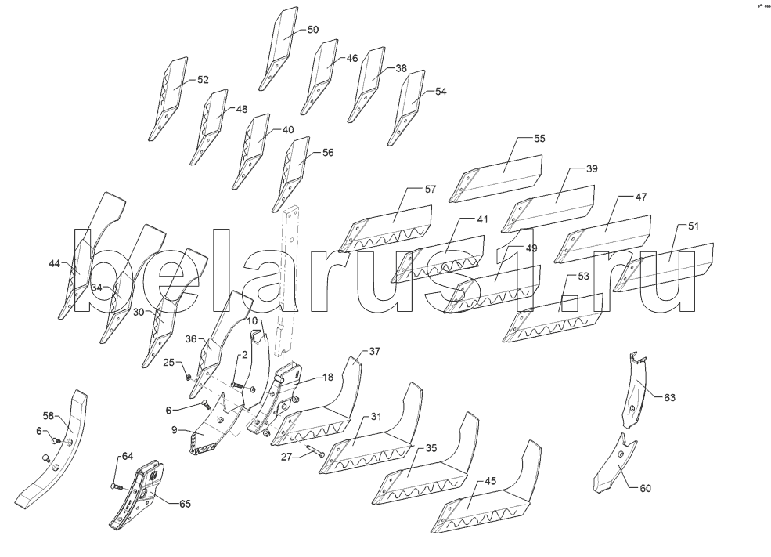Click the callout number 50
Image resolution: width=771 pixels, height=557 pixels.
(312, 30)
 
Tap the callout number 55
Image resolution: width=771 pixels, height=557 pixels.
(539, 139)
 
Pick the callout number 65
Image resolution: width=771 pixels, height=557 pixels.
(184, 503)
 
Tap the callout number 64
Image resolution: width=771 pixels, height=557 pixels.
(127, 456)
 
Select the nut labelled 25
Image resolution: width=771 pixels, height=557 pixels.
(189, 377)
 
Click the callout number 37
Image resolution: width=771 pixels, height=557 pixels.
(374, 351)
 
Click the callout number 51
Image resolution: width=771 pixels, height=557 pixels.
(694, 226)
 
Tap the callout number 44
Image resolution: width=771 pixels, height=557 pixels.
(54, 264)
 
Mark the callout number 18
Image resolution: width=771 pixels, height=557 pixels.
(327, 378)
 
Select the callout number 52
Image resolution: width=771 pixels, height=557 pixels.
(203, 80)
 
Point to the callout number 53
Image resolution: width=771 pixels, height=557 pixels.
(583, 277)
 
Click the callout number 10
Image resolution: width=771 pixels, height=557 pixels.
(253, 321)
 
